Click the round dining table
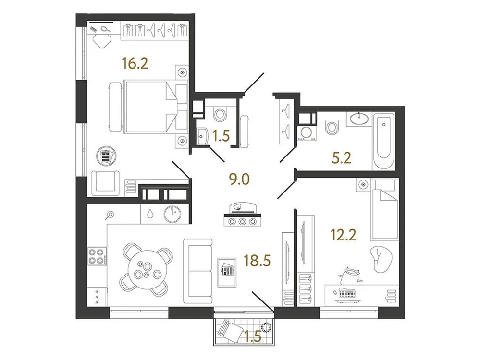click(x=146, y=269)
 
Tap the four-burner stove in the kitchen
click(x=97, y=255)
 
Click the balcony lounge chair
click(x=234, y=330)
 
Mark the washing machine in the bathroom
click(x=305, y=132)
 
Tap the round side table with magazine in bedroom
click(x=106, y=156)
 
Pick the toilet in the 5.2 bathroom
click(x=331, y=128)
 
